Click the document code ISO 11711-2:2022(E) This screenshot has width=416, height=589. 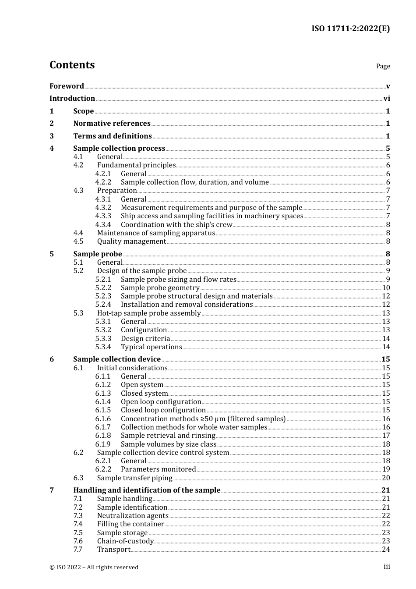pos(350,28)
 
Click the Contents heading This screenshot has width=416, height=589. pos(72,65)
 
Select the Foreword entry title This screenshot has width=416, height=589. pos(67,86)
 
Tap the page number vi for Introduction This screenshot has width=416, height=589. pos(386,99)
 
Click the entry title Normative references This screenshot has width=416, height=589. pos(112,124)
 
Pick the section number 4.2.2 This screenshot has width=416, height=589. pos(103,182)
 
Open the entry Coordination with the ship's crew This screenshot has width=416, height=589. pos(176,225)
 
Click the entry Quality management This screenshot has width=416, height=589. pos(131,241)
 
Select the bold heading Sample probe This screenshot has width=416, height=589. pos(97,254)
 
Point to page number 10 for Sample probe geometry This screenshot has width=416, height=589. pos(386,288)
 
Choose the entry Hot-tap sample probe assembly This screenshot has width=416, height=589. pos(149,313)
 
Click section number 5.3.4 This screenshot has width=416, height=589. pos(103,347)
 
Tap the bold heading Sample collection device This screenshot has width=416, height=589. pos(117,359)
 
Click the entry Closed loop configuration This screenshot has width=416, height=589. pos(163,410)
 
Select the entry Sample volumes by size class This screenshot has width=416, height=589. pos(169,444)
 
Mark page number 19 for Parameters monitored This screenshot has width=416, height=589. pos(386,469)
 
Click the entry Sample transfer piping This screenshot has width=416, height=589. pos(135,478)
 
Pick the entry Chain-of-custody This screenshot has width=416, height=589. pos(125,541)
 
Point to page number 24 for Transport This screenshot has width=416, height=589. pos(386,550)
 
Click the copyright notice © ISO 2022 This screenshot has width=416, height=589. pos(94,567)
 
